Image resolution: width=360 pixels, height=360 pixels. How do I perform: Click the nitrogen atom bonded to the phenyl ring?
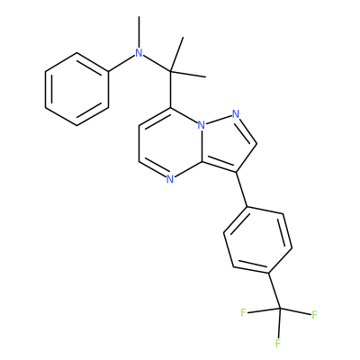139,53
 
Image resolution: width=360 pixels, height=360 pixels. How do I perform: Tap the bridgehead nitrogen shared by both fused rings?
202,125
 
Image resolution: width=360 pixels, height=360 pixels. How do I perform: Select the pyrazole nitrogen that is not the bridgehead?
236,114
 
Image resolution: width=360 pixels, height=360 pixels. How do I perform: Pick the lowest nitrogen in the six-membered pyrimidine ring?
170,179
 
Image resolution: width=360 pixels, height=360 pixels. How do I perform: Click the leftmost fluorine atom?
243,313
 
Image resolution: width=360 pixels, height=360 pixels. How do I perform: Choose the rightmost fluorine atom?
314,315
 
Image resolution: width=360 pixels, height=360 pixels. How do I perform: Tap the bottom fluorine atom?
278,343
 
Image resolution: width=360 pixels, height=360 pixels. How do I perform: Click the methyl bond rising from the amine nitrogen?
139,32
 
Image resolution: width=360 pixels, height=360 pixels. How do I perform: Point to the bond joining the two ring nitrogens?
219,120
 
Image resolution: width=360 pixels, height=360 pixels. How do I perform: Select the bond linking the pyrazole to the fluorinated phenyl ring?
241,190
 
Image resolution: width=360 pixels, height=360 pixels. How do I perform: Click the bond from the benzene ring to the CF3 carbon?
274,291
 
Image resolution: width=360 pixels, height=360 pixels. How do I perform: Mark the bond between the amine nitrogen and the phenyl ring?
121,63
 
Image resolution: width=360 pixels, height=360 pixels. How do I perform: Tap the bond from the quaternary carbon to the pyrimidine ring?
170,90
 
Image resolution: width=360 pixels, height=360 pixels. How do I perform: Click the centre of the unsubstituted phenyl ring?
76,89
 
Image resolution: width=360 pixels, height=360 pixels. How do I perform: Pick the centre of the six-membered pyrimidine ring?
170,144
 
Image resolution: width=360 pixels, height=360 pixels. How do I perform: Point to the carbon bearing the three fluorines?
280,309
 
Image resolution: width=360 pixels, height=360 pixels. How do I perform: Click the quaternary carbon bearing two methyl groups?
170,71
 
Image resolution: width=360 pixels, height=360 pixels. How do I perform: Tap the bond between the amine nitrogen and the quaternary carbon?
157,64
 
